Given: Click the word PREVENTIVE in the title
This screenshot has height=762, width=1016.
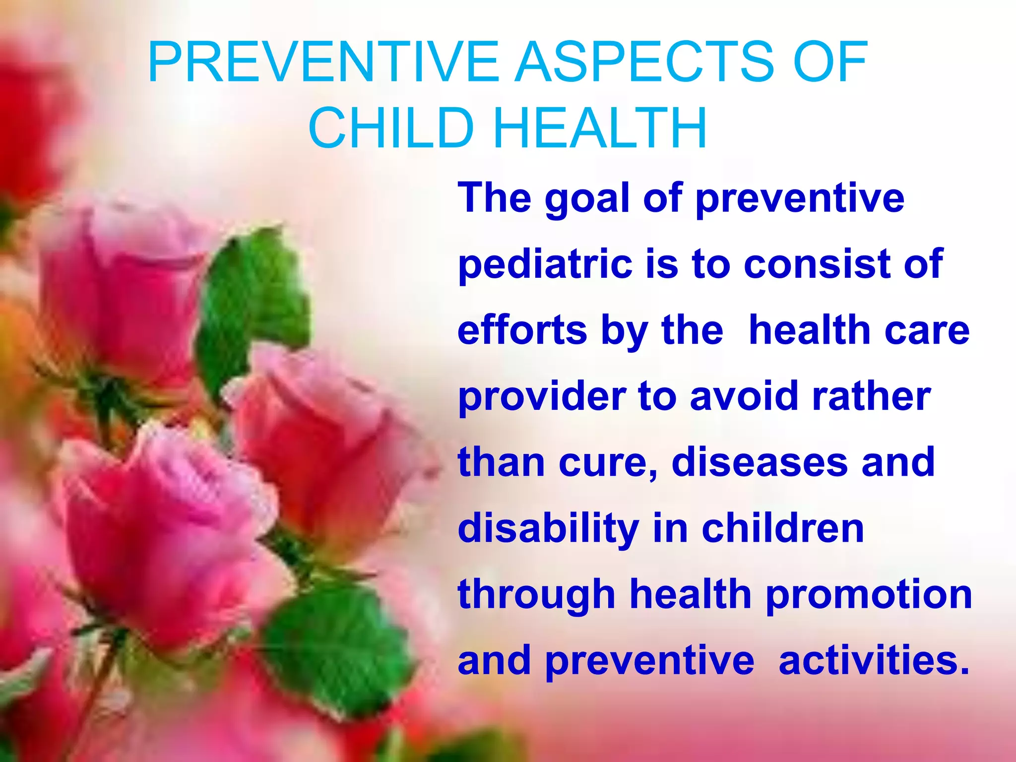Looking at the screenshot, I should tap(322, 63).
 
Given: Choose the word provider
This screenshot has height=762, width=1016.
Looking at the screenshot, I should tap(541, 397).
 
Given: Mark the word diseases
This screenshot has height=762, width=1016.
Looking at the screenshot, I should tap(759, 462).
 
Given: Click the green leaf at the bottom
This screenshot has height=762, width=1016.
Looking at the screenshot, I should tap(337, 645).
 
